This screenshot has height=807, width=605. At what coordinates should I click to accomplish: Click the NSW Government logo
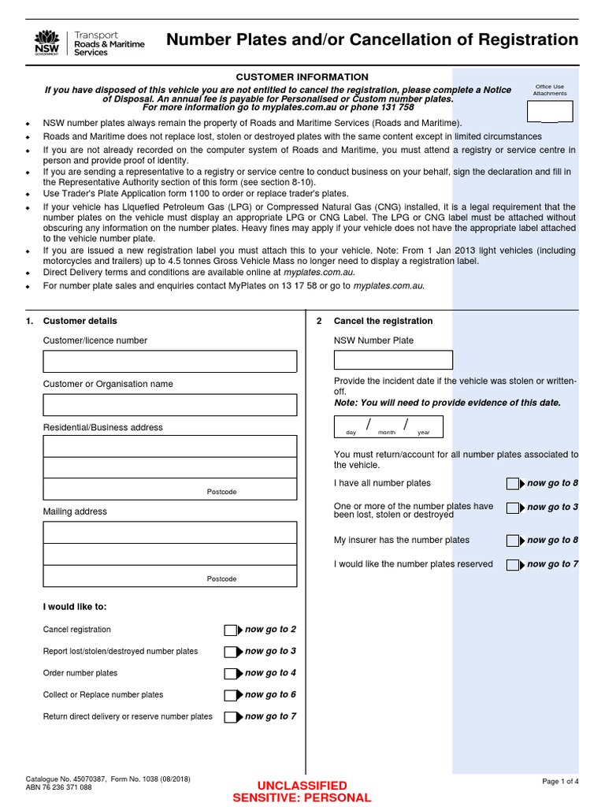click(x=47, y=43)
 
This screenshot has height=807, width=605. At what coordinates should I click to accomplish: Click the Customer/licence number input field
click(x=170, y=362)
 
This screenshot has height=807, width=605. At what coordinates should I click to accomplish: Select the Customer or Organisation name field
click(x=170, y=405)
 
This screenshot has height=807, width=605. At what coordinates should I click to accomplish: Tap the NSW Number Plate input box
click(x=393, y=360)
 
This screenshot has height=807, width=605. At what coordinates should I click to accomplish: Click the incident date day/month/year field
click(x=388, y=426)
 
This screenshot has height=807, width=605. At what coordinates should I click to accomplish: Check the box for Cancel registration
click(x=230, y=630)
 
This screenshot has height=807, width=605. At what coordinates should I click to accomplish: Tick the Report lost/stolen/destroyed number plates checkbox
click(x=230, y=652)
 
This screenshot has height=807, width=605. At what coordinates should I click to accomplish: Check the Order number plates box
click(x=230, y=674)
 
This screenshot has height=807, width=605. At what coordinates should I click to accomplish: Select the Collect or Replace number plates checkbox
click(x=230, y=695)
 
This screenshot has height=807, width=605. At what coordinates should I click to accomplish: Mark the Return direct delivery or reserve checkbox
click(x=230, y=717)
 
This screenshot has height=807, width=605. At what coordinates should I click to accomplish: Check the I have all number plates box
click(x=512, y=484)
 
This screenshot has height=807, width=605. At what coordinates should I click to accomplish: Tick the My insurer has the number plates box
click(x=512, y=541)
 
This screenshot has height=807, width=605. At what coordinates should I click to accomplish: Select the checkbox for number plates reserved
click(x=512, y=565)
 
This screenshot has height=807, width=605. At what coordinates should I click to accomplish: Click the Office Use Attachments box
click(x=550, y=112)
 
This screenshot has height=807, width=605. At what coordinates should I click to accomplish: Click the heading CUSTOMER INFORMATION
click(x=302, y=76)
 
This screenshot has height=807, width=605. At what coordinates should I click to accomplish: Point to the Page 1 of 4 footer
click(x=560, y=781)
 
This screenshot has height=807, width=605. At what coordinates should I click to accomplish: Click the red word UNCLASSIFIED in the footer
click(x=302, y=786)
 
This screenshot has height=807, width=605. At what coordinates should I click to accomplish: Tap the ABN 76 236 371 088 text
click(x=59, y=787)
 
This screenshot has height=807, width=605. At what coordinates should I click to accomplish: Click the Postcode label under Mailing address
click(x=221, y=578)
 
